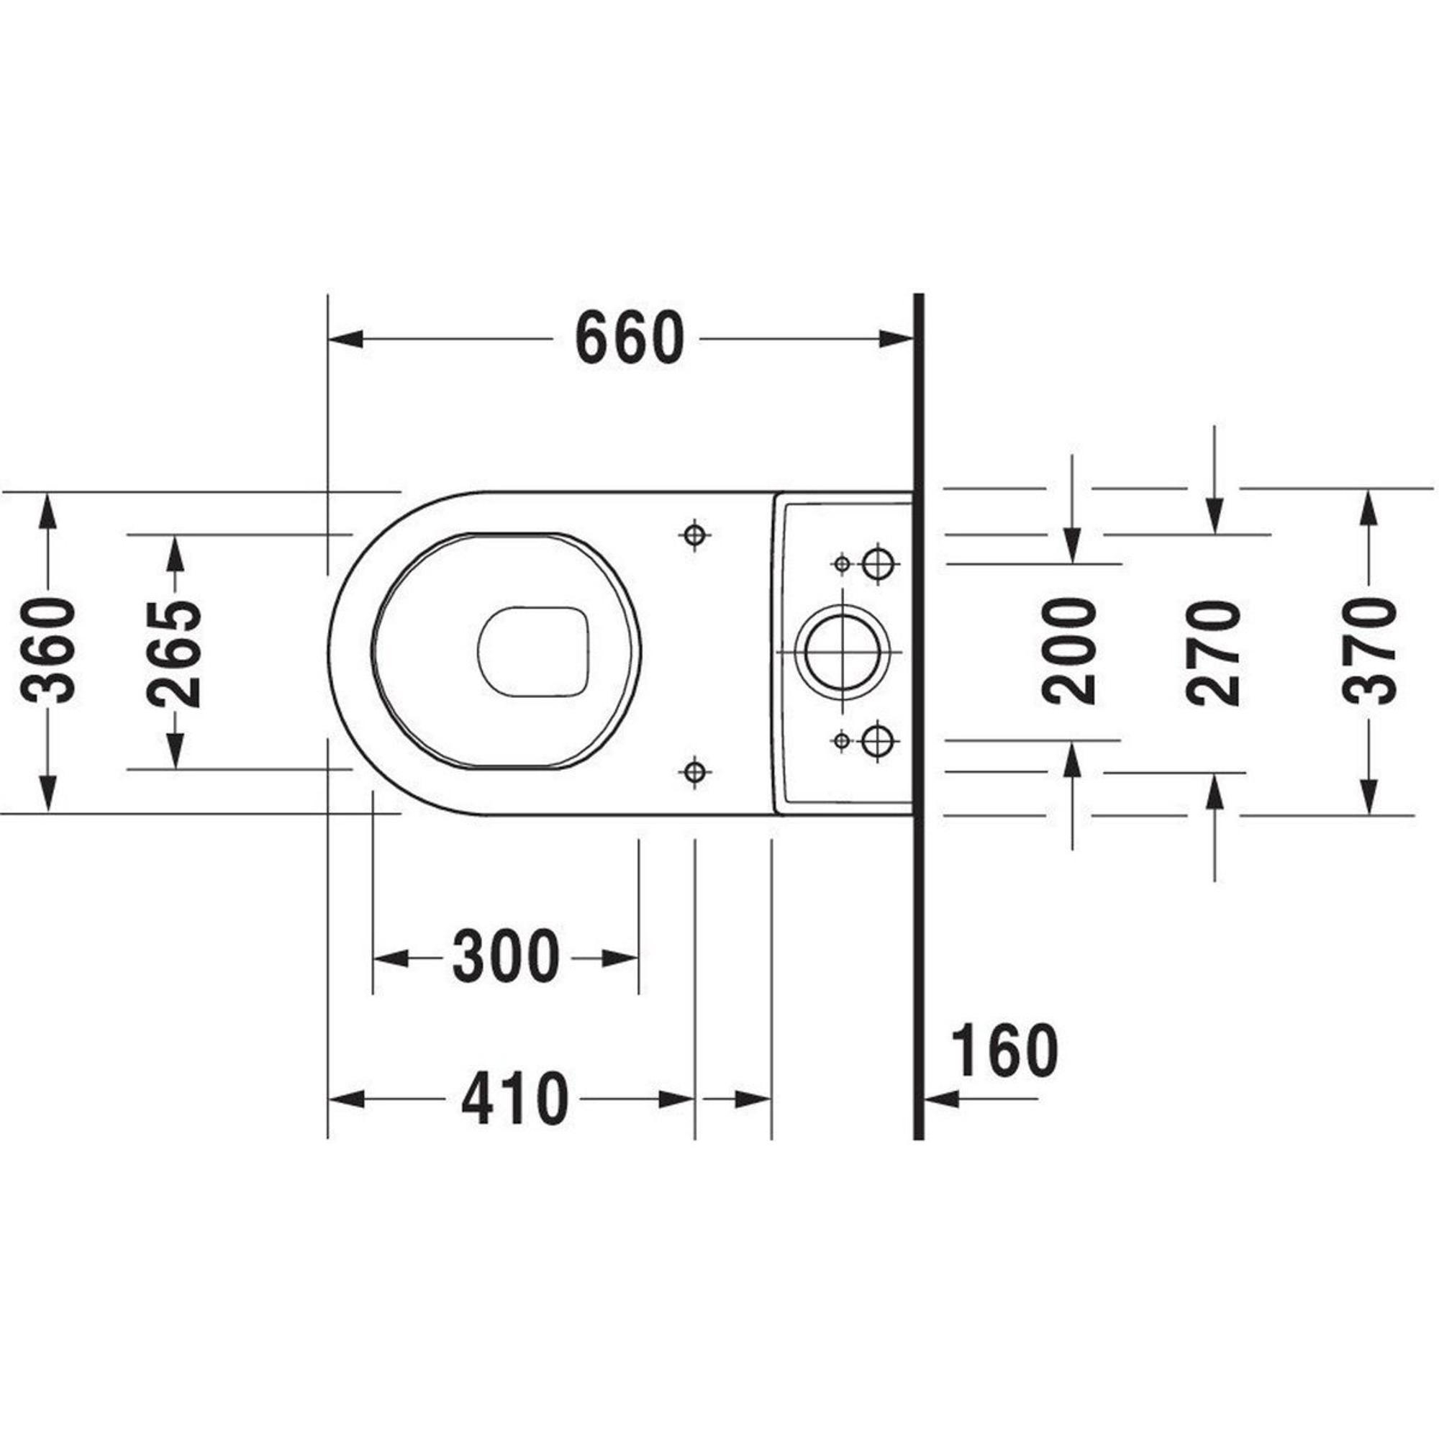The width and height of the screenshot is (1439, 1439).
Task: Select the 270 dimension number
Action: (x=1213, y=653)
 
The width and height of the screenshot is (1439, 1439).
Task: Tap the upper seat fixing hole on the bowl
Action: (x=694, y=533)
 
